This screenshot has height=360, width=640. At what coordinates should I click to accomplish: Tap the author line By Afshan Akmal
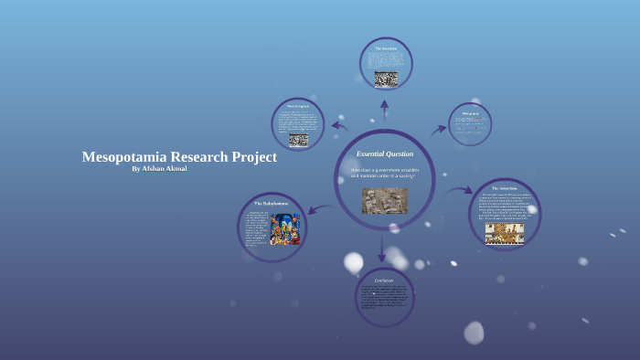pos(160,169)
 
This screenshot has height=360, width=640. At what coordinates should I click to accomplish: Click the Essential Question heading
pos(384,154)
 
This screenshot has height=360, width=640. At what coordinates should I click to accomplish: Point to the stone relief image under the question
pos(384,200)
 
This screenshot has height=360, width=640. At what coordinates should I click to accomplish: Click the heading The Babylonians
pos(272,203)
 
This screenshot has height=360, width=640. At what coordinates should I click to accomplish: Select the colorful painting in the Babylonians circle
pos(285,228)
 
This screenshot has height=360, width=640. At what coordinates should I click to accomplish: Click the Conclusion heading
pos(384,280)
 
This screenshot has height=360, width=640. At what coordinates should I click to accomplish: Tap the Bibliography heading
pos(471,113)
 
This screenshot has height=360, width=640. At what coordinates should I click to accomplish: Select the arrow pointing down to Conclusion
pos(383,248)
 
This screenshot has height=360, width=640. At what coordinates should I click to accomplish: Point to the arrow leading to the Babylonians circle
pos(319,209)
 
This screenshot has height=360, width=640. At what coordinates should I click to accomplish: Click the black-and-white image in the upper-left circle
pos(299,140)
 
